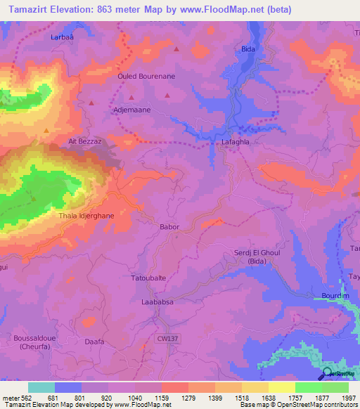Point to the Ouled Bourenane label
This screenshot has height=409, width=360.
[146, 76]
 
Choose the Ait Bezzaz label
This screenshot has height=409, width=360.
[84, 141]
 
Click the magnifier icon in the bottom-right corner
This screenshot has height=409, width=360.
[328, 374]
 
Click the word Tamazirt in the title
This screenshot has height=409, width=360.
[31, 8]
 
